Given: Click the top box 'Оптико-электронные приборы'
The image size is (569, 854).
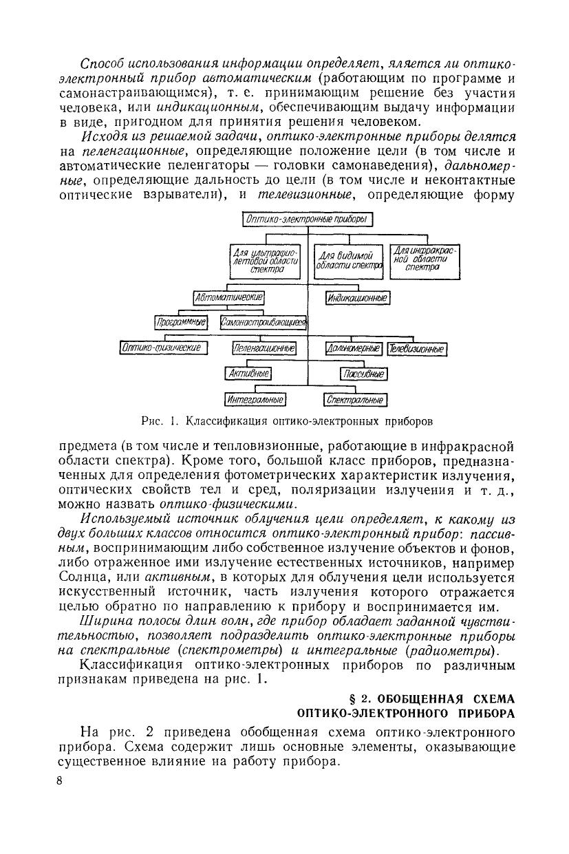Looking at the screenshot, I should [x=308, y=219].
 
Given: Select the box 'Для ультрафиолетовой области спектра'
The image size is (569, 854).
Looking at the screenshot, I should [x=268, y=261].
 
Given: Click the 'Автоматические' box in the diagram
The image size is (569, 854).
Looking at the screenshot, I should [x=230, y=298].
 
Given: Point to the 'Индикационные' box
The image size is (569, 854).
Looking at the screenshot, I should [x=357, y=298].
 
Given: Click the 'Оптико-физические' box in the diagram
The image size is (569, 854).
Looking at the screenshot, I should [x=164, y=349].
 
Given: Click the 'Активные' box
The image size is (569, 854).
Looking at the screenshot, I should [x=248, y=374].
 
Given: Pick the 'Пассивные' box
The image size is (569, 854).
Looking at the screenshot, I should [x=363, y=374].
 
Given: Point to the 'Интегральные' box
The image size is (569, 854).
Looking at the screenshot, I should [x=255, y=399].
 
